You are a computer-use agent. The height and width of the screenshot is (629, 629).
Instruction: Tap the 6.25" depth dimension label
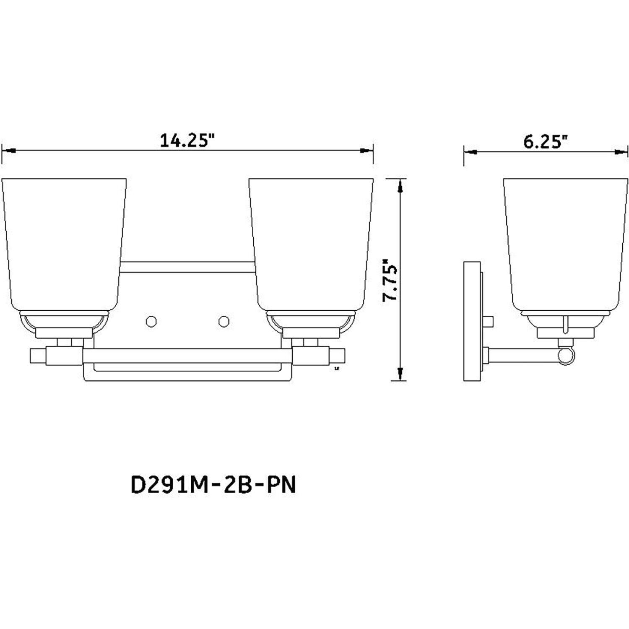coord(545,141)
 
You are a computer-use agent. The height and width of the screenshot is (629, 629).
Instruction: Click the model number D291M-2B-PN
coord(213,486)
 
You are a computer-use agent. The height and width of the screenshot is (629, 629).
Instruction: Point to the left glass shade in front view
coord(63,243)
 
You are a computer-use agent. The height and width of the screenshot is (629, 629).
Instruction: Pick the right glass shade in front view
coord(311,243)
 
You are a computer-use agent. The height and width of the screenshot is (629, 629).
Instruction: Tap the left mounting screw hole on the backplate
coord(151,322)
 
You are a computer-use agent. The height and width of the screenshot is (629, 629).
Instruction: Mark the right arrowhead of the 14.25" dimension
coord(367,150)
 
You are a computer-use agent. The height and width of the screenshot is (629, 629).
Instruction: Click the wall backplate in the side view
coord(471,321)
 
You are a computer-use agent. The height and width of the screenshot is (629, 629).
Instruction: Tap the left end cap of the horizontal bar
coord(38,356)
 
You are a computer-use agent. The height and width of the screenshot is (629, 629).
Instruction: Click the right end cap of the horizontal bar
coord(338,356)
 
